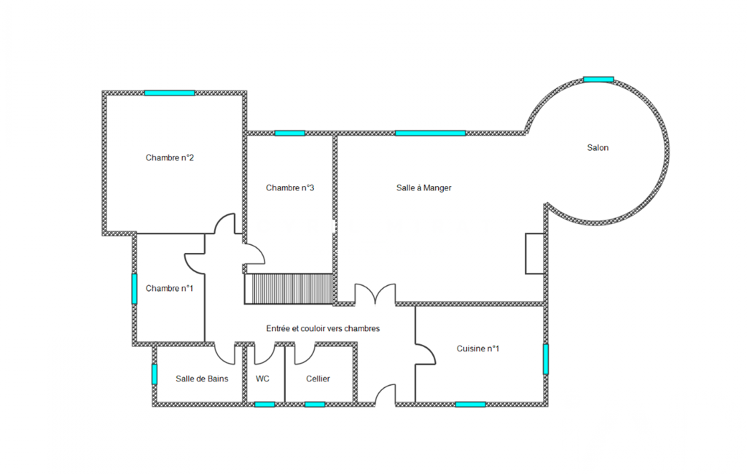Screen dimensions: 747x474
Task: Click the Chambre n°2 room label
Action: pyautogui.click(x=170, y=158)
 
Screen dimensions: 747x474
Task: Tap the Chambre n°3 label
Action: pyautogui.click(x=289, y=188)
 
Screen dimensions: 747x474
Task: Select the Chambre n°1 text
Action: pyautogui.click(x=169, y=289)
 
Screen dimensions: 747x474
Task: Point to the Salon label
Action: pyautogui.click(x=598, y=148)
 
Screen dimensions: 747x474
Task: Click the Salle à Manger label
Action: pyautogui.click(x=423, y=188)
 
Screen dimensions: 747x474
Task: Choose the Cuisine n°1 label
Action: pyautogui.click(x=478, y=349)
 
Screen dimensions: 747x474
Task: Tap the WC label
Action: pyautogui.click(x=262, y=378)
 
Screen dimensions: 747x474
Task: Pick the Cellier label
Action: pyautogui.click(x=318, y=378)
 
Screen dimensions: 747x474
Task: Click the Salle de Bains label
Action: pyautogui.click(x=202, y=378)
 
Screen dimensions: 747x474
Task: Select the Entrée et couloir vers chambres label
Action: pyautogui.click(x=323, y=329)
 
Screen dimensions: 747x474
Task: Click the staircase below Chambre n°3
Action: pyautogui.click(x=289, y=289)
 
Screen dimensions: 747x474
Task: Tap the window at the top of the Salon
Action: pyautogui.click(x=598, y=79)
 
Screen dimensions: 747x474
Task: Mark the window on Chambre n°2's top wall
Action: pyautogui.click(x=170, y=93)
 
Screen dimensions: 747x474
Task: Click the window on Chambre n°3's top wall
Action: pyautogui.click(x=289, y=133)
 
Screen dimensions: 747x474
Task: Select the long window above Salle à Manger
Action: pyautogui.click(x=430, y=133)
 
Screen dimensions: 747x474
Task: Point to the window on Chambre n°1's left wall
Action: pyautogui.click(x=134, y=289)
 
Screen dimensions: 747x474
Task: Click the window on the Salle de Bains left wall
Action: pyautogui.click(x=155, y=374)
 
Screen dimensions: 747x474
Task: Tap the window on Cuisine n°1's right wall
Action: pyautogui.click(x=546, y=359)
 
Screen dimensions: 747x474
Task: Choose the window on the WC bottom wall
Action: pyautogui.click(x=265, y=405)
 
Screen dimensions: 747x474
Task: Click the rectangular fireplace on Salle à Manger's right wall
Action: pyautogui.click(x=534, y=254)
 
